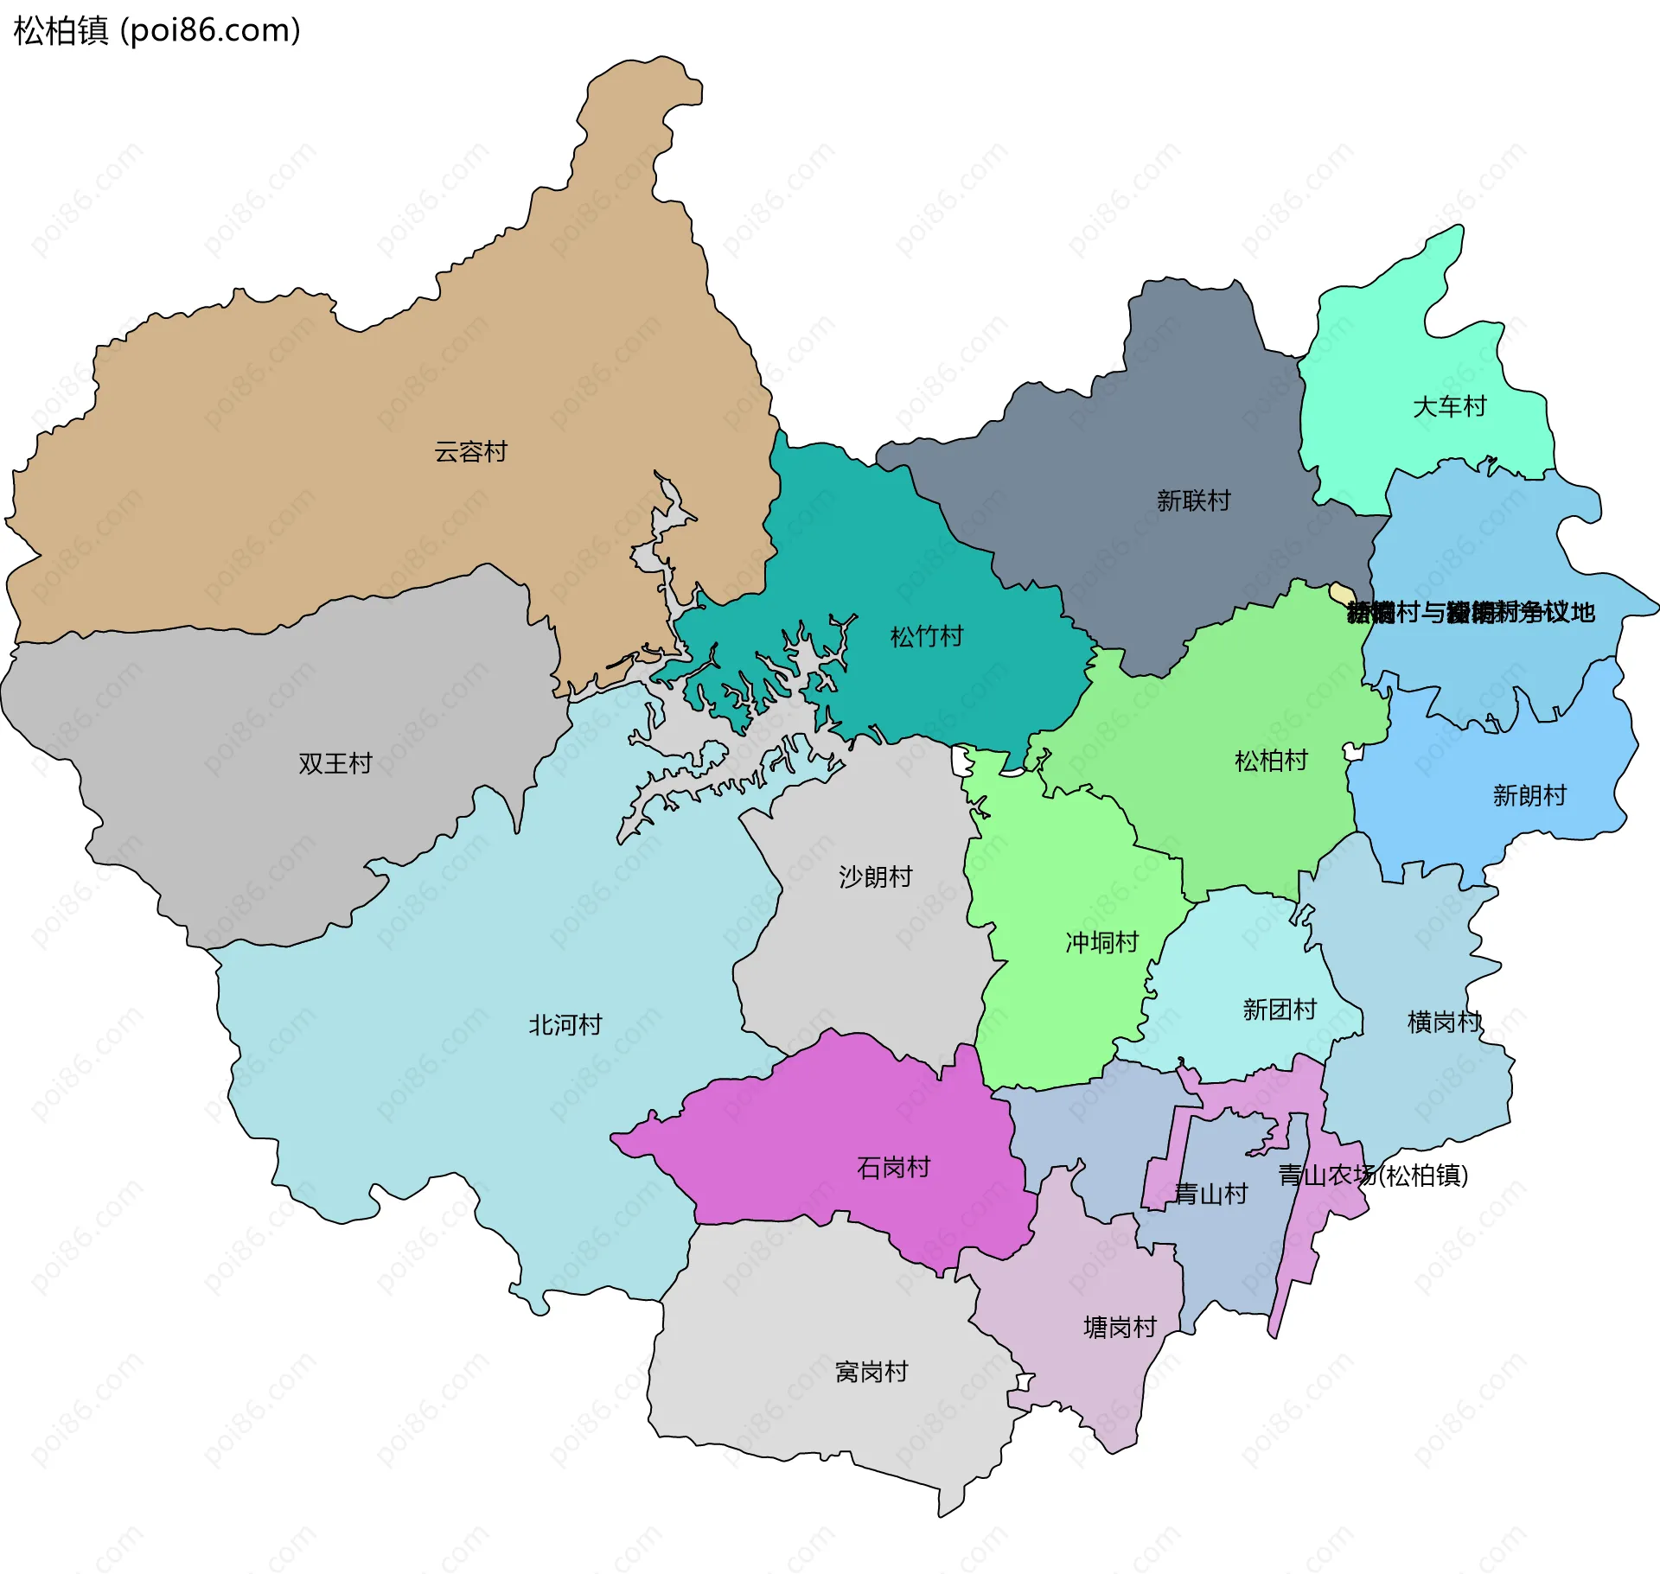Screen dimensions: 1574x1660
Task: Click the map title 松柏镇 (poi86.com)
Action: pos(157,30)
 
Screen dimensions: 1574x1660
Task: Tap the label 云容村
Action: pos(470,451)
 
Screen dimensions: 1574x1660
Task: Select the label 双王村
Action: pos(335,763)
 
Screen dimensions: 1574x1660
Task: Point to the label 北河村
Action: pos(565,1025)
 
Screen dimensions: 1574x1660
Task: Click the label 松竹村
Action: pos(927,637)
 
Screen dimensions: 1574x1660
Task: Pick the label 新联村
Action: pos(1193,500)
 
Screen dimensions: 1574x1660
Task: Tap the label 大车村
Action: pos(1449,406)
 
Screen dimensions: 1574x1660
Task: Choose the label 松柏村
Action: pos(1271,761)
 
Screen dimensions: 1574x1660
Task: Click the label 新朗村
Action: pos(1529,795)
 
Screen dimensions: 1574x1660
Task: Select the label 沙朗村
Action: pos(875,876)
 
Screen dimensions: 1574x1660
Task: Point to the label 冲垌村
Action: pos(1101,942)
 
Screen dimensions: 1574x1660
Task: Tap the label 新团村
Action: pos(1279,1010)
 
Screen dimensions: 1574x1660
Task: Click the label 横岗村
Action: pos(1444,1023)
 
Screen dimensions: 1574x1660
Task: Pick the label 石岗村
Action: pos(893,1168)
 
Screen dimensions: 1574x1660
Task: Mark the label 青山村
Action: pos(1210,1194)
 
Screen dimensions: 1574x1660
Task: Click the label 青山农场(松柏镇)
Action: pos(1373,1176)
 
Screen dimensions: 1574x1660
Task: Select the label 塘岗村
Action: pos(1120,1328)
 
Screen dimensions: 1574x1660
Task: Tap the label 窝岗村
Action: pos(871,1372)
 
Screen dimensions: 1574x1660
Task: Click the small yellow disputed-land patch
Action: pos(1341,593)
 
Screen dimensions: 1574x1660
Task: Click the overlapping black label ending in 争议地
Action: pos(1470,612)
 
